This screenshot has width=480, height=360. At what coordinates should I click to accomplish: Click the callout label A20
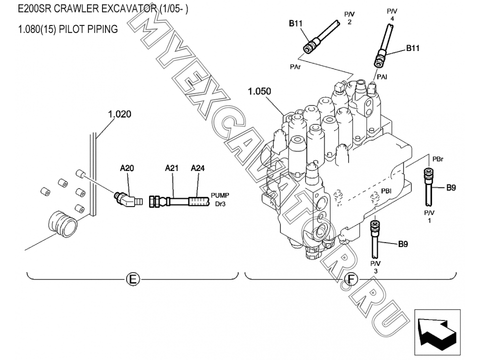(127, 168)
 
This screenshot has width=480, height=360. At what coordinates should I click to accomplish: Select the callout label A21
(171, 168)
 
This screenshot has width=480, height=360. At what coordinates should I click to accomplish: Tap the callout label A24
(198, 168)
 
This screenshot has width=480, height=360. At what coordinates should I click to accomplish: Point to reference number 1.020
(119, 114)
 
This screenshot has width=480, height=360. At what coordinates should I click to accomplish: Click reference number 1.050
(259, 91)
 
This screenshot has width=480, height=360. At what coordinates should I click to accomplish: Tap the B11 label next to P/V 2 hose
(296, 22)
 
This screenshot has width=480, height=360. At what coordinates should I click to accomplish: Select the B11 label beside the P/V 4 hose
(412, 48)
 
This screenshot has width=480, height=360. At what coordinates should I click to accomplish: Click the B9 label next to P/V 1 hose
(451, 188)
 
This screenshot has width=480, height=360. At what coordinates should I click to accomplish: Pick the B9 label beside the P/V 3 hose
(403, 244)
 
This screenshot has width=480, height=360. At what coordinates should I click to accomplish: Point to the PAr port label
(295, 65)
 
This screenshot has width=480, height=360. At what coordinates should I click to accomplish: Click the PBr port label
(437, 159)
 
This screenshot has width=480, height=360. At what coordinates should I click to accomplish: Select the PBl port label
(386, 190)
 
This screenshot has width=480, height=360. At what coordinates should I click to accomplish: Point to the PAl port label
(382, 76)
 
